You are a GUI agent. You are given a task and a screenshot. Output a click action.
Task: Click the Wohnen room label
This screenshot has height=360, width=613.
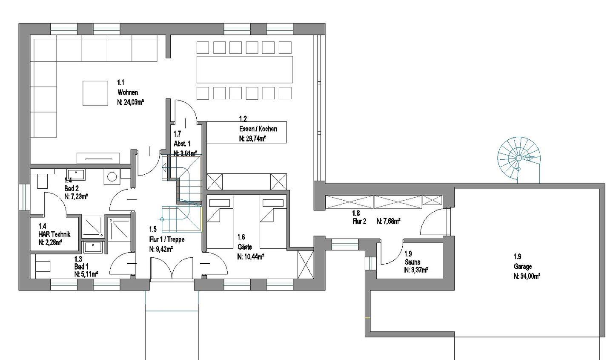(x=128, y=92)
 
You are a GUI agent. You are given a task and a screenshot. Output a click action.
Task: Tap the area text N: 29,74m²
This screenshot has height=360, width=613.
(x=252, y=138)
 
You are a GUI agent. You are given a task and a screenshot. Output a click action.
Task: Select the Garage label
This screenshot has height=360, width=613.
(x=523, y=266)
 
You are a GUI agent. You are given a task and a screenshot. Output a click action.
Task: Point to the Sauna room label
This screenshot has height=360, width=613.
(x=412, y=262)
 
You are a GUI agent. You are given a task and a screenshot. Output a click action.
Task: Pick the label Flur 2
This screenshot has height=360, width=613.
(x=359, y=221)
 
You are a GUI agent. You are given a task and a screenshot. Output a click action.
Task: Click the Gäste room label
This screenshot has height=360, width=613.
(x=245, y=247)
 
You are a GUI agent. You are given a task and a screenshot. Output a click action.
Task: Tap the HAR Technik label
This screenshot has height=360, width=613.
(x=54, y=234)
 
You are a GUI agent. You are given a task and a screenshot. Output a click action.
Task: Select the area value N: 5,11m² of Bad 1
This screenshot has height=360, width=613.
(x=86, y=274)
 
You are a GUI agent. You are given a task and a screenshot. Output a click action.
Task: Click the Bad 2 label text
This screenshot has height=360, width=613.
(x=72, y=188)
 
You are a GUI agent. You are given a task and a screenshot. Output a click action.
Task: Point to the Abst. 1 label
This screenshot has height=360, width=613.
(x=182, y=144)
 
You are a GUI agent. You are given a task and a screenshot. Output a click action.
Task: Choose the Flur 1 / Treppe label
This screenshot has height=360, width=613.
(x=167, y=239)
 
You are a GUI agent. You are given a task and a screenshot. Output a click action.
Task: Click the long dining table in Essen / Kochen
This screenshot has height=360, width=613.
(x=245, y=69)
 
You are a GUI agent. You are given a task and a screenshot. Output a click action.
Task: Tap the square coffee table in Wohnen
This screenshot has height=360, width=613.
(x=95, y=93)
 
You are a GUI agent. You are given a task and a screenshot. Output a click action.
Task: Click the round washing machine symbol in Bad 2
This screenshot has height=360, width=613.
(x=112, y=177)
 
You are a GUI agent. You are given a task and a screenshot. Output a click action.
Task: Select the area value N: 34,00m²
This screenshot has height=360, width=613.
(x=527, y=276)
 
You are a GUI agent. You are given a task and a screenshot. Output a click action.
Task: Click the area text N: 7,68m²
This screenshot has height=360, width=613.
(x=389, y=221)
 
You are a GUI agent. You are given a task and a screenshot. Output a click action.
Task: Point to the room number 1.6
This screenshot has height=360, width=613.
(x=241, y=237)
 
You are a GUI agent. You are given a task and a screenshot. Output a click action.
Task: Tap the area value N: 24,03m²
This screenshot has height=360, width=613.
(x=131, y=102)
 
